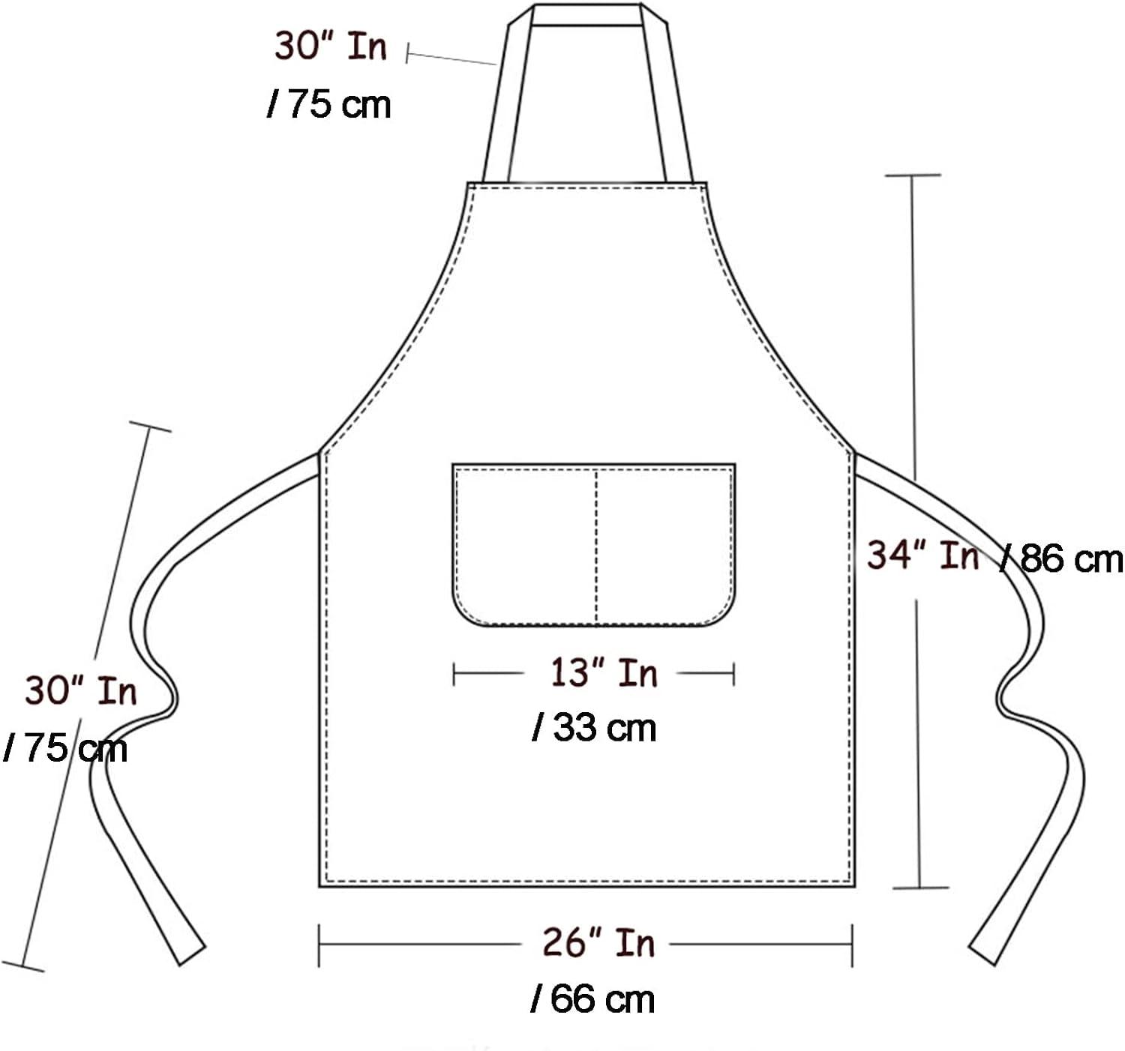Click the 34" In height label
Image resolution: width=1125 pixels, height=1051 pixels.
point(922,556)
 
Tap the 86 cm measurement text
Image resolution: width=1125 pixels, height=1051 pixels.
point(1063,560)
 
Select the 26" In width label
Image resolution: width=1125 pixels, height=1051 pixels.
point(598,942)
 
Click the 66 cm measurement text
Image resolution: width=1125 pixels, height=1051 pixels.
point(592,999)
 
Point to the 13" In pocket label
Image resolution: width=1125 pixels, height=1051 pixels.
point(604,672)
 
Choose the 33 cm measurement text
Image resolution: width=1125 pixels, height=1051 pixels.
point(595,728)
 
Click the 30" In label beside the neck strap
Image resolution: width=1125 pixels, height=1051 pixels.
point(330,46)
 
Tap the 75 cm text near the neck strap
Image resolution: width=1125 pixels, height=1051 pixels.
point(330,104)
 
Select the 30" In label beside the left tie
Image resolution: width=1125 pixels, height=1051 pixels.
point(81,690)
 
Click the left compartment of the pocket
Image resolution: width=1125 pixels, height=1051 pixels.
point(525,543)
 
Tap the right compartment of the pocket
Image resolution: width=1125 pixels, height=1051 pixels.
point(664,543)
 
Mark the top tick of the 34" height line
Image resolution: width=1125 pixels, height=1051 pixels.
point(913,175)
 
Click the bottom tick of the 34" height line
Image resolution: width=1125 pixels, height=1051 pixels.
point(921,888)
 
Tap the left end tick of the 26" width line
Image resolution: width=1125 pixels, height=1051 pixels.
point(319,945)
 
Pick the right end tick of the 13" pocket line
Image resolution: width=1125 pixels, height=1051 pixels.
point(733,674)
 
